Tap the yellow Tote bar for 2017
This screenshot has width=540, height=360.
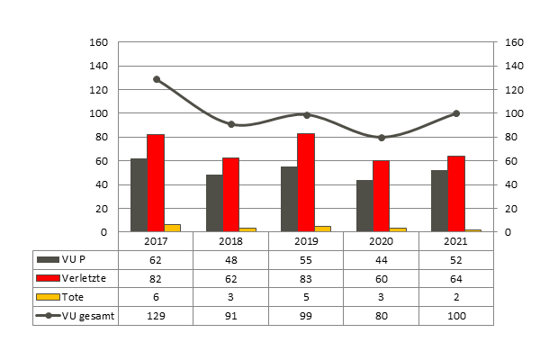(x=172, y=228)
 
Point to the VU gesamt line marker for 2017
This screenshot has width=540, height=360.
(x=157, y=79)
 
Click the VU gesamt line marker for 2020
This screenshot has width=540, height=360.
(x=382, y=138)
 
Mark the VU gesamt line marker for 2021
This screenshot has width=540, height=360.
(x=456, y=113)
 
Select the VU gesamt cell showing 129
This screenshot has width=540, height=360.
(x=157, y=316)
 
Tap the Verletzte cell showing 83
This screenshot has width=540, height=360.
(x=306, y=278)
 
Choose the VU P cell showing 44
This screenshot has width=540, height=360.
(x=382, y=259)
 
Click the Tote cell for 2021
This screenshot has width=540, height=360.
(x=456, y=297)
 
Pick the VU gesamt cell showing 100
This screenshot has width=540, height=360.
(x=456, y=316)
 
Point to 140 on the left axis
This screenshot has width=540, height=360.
(x=100, y=66)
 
